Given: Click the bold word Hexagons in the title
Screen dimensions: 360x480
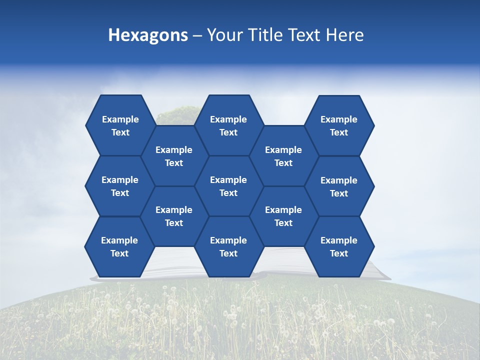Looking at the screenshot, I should (148, 35).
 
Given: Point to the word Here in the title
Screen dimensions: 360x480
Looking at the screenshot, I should (344, 35).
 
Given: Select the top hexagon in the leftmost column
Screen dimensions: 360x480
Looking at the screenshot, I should (120, 125).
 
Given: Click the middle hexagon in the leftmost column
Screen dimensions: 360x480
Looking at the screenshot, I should (120, 186).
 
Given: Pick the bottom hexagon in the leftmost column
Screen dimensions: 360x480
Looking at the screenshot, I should (119, 246).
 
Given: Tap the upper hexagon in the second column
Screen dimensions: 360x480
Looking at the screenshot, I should (174, 156).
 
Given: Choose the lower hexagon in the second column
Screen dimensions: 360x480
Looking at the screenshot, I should (174, 216).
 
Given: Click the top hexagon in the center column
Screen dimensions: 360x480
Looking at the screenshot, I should (228, 125).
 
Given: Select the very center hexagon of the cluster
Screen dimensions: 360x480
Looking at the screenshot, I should (228, 186).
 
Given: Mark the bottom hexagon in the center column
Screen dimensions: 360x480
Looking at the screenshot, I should (228, 246).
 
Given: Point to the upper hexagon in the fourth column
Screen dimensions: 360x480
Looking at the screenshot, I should (283, 156).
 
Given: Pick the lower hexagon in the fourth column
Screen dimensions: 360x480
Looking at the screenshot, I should (283, 216).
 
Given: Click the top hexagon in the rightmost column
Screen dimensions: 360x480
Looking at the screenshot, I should (339, 125).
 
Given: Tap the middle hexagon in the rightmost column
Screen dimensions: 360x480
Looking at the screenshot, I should (339, 186).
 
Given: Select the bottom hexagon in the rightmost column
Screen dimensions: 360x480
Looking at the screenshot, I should (339, 246).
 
